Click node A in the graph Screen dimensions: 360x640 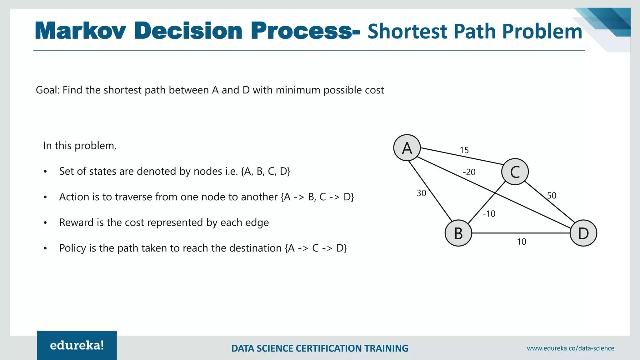pyautogui.click(x=407, y=148)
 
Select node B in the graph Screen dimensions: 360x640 pyautogui.click(x=458, y=233)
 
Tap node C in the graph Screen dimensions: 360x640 pyautogui.click(x=515, y=172)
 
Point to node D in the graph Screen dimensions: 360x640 pyautogui.click(x=583, y=233)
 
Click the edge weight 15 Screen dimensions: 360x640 pyautogui.click(x=464, y=150)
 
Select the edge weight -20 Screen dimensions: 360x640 pyautogui.click(x=469, y=172)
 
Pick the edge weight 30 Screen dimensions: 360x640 pyautogui.click(x=421, y=193)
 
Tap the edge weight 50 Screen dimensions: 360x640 pyautogui.click(x=552, y=196)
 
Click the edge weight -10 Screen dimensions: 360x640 pyautogui.click(x=489, y=214)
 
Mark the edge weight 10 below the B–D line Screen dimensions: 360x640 pyautogui.click(x=521, y=242)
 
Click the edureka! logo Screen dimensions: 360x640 pyautogui.click(x=77, y=345)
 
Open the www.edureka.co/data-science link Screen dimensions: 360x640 pyautogui.click(x=570, y=348)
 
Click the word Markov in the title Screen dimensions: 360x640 pyautogui.click(x=80, y=31)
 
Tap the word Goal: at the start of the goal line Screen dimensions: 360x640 pyautogui.click(x=47, y=90)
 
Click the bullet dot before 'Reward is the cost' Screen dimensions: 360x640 pyautogui.click(x=46, y=223)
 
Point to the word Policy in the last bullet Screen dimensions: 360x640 pyautogui.click(x=72, y=248)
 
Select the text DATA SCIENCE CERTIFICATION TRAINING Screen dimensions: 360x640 pyautogui.click(x=320, y=348)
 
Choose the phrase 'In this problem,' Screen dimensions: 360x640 pyautogui.click(x=80, y=146)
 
